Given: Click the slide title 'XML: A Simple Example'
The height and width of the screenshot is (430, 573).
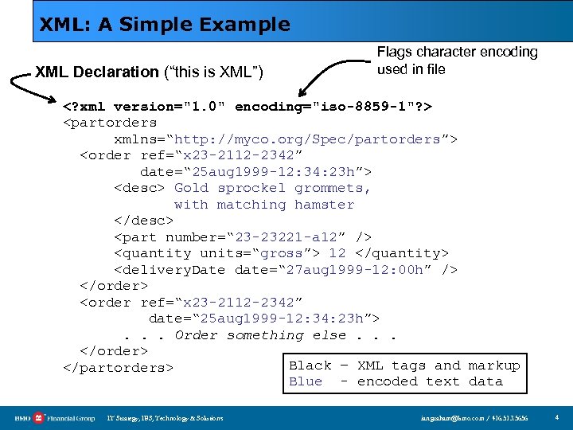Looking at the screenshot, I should tap(165, 25).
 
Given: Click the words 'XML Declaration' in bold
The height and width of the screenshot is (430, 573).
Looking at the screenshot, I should tap(97, 72).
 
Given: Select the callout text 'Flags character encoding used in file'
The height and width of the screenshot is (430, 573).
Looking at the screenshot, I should tap(457, 61).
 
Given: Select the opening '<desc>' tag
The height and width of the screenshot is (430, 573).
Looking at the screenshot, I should tap(139, 188).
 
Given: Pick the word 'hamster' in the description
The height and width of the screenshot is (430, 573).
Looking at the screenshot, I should tap(324, 205).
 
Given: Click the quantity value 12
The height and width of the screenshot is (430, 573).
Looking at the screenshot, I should tap(337, 253).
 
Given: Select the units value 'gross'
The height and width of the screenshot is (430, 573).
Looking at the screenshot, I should tap(283, 253).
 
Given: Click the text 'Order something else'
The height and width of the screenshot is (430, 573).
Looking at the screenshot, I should tap(261, 335).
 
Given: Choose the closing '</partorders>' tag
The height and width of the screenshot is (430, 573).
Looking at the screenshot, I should tap(118, 368).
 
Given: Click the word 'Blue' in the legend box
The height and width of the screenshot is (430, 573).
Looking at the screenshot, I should tap(306, 381).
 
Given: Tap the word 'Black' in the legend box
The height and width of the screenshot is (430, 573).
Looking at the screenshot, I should tap(310, 365).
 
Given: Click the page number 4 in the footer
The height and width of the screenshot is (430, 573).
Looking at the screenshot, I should tap(557, 417).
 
